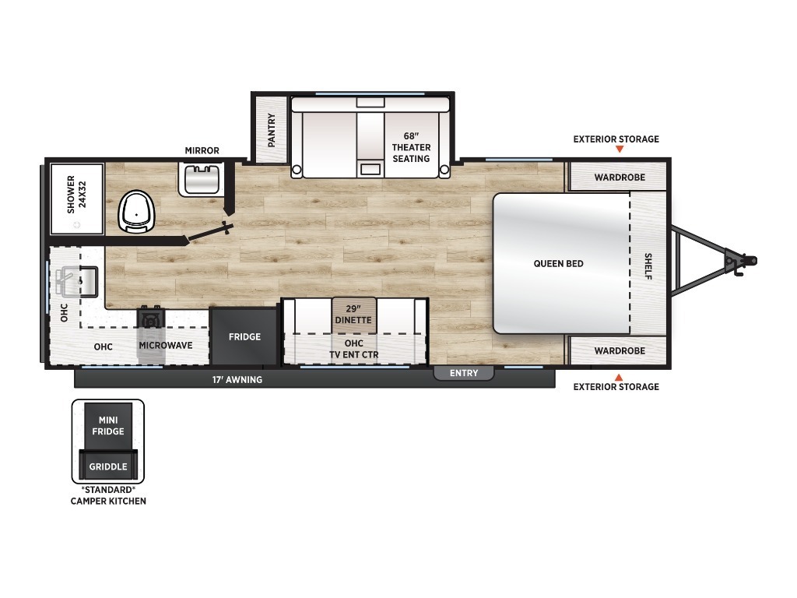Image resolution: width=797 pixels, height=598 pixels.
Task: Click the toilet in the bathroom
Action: [136, 212]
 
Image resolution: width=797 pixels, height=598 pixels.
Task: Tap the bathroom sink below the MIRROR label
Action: [202, 179]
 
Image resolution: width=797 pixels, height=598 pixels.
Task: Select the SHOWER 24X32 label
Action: [77, 194]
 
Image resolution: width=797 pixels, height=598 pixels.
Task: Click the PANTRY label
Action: [272, 130]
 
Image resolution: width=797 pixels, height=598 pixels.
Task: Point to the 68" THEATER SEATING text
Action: [411, 147]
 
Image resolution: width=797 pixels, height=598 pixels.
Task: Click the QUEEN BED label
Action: [558, 263]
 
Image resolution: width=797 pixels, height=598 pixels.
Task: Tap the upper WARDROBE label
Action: [620, 178]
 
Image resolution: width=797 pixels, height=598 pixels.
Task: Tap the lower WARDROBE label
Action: [620, 351]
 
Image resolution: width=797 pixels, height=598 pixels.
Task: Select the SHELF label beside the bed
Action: [648, 266]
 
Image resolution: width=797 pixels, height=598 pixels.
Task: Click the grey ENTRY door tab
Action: [464, 373]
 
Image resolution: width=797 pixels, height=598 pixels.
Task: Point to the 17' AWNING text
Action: [237, 379]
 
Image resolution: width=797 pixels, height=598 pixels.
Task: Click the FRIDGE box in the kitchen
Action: [244, 336]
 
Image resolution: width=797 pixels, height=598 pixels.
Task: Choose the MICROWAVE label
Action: [166, 345]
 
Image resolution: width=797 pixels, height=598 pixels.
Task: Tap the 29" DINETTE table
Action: [354, 315]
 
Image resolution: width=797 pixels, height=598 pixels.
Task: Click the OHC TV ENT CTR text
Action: [354, 349]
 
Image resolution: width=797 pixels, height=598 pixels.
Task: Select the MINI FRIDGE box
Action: [108, 426]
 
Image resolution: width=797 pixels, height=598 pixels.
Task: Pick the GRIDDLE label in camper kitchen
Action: [108, 466]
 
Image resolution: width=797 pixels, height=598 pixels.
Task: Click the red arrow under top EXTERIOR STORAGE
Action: [619, 149]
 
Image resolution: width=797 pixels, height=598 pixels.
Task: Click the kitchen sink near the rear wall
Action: [77, 282]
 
